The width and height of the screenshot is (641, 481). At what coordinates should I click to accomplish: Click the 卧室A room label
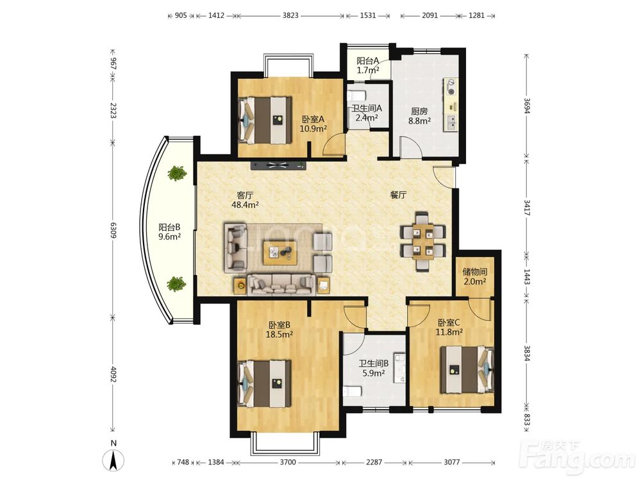tap(313, 119)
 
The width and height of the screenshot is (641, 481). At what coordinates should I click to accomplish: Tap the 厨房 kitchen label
tap(419, 111)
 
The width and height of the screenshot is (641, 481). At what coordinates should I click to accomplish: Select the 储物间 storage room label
tap(474, 271)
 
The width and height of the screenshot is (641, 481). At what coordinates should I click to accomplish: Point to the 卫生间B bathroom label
tap(374, 363)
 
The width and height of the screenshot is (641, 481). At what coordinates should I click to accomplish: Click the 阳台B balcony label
tap(170, 227)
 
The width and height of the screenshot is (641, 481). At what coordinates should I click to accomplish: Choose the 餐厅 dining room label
tap(398, 195)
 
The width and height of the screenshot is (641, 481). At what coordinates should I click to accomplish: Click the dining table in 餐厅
tap(422, 241)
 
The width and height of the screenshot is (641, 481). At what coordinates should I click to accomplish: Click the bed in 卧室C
tap(467, 370)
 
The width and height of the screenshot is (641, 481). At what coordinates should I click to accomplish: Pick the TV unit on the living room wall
tap(279, 165)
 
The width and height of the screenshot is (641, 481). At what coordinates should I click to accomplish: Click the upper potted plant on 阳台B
tap(177, 173)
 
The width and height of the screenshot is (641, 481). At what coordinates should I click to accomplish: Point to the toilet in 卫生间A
tap(356, 96)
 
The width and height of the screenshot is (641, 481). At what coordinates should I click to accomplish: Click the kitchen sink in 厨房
tap(451, 122)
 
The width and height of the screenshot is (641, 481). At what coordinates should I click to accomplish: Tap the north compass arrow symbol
tap(114, 460)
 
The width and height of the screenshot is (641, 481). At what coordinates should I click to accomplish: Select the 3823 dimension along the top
tap(290, 15)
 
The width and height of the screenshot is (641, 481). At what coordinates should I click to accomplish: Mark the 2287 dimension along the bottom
tap(374, 462)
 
